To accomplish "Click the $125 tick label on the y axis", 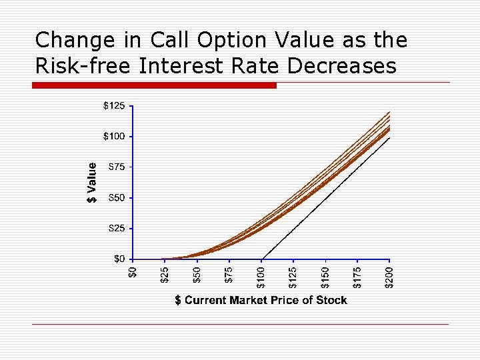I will coord(113,105).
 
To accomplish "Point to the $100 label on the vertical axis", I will coord(113,137).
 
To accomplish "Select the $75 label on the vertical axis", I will coord(116,167).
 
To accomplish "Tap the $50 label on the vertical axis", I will coord(116,198).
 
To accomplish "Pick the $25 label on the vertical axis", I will coord(116,229).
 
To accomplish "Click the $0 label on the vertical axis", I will coord(119,259).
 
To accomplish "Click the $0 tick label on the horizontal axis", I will coord(133,273).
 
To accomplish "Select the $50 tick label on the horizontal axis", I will coord(197,275).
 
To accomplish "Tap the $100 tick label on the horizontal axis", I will coord(261,277).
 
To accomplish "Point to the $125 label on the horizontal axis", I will coord(293,277).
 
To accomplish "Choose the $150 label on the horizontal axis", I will coord(325,277).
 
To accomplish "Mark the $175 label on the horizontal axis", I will coord(358,277).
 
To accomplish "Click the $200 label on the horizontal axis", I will coord(390,277).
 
